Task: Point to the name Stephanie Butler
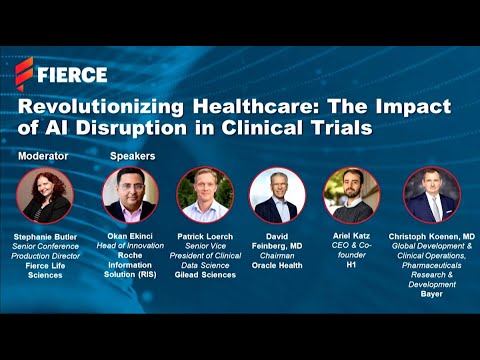(44, 236)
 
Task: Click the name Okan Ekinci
(131, 236)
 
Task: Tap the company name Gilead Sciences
(205, 275)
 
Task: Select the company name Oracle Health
(277, 264)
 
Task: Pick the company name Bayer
(431, 294)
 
